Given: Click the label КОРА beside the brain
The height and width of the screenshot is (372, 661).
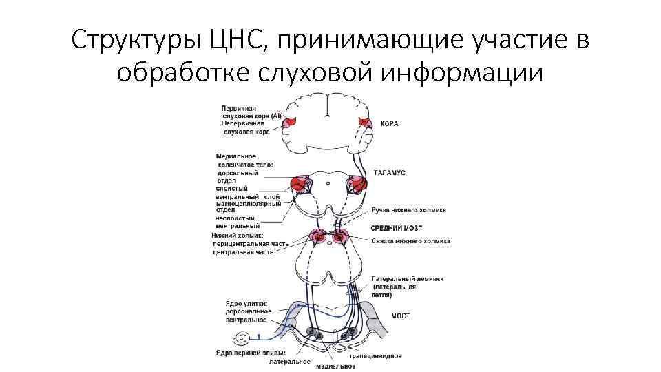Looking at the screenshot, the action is pyautogui.click(x=390, y=124).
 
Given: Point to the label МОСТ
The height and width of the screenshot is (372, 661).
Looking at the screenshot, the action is pyautogui.click(x=400, y=316).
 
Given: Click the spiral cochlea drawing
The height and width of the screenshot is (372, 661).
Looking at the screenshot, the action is pyautogui.click(x=243, y=340).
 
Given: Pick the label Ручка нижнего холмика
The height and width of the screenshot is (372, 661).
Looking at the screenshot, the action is pyautogui.click(x=408, y=210).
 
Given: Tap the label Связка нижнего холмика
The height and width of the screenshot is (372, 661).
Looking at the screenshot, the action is pyautogui.click(x=410, y=242).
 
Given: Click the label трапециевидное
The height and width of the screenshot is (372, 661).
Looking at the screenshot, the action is pyautogui.click(x=375, y=356).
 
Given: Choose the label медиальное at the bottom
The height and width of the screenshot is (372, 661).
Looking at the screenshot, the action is pyautogui.click(x=335, y=365).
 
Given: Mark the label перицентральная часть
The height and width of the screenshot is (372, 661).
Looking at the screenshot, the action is pyautogui.click(x=250, y=244).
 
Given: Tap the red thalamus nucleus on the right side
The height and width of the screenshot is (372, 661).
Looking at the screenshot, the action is pyautogui.click(x=359, y=184).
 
